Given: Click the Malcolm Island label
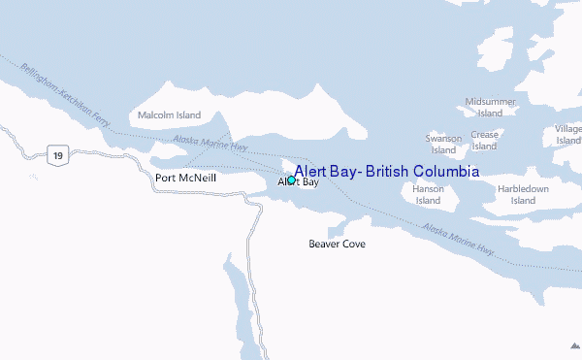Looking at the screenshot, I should tap(169, 115).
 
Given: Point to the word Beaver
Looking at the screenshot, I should tap(324, 244).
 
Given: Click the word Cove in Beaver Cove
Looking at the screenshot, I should tap(353, 244).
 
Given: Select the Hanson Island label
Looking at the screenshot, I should tap(428, 194).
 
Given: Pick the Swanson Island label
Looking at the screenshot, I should tap(443, 145).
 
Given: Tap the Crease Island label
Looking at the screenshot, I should tap(484, 140).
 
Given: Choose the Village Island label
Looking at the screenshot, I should tap(568, 135).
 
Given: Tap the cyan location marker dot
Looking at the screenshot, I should tap(290, 180).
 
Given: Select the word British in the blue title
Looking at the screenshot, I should tap(385, 171).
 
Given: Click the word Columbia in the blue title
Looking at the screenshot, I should tap(445, 171).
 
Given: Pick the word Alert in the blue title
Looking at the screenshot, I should tap(311, 171).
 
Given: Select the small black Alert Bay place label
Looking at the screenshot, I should tap(299, 182).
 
